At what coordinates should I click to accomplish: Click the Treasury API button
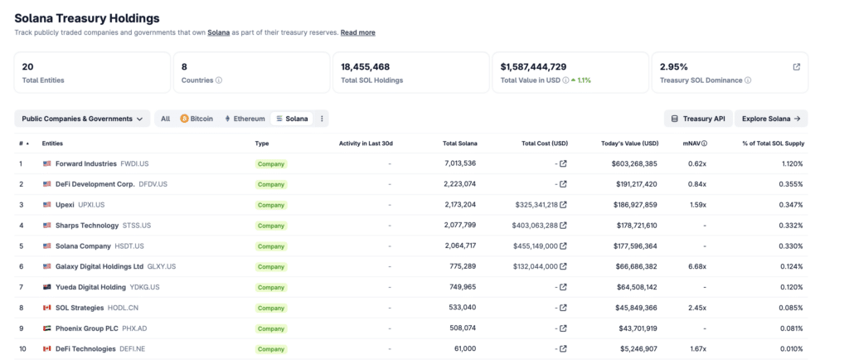(x=698, y=119)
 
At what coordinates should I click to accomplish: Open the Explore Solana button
(x=771, y=119)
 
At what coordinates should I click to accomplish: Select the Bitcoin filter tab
(x=196, y=119)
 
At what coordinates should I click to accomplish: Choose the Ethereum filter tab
(x=245, y=119)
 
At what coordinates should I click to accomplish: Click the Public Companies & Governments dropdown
(x=82, y=119)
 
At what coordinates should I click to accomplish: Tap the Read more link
(x=358, y=32)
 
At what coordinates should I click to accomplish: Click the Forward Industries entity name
(x=86, y=163)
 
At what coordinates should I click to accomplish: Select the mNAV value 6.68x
(x=697, y=266)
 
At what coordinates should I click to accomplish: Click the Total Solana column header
(x=459, y=144)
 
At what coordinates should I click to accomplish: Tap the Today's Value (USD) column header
(x=630, y=144)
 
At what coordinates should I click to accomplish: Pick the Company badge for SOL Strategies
(x=271, y=308)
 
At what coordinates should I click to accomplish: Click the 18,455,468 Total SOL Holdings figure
(x=365, y=67)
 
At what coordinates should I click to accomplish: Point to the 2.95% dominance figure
(x=673, y=67)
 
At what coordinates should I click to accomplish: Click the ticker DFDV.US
(x=153, y=184)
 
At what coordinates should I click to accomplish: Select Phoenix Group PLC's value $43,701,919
(x=638, y=328)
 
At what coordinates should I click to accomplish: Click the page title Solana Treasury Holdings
(x=87, y=18)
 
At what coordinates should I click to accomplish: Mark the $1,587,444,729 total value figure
(x=533, y=67)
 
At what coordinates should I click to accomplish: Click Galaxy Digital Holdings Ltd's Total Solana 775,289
(x=463, y=266)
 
